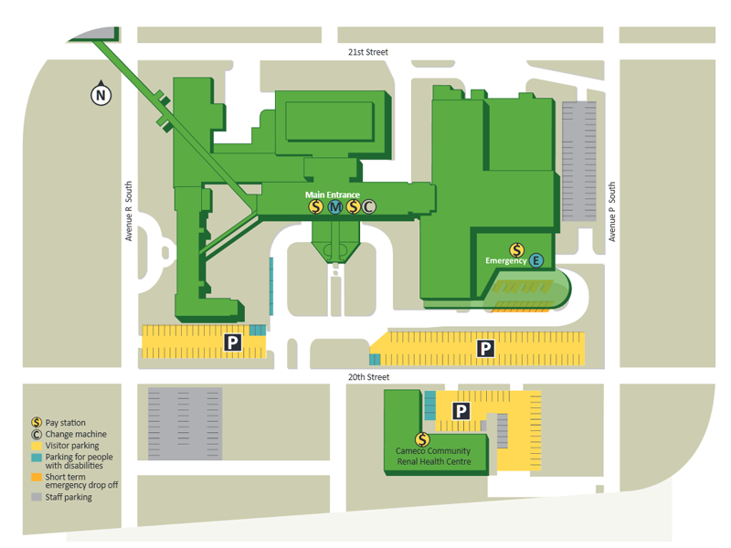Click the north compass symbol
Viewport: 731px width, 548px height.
(100, 93)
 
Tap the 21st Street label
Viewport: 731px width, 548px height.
(367, 52)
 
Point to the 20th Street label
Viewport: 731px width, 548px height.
(368, 377)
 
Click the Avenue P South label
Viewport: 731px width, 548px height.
(612, 212)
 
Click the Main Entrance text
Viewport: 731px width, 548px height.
(333, 195)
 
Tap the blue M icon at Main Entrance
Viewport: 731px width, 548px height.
(334, 207)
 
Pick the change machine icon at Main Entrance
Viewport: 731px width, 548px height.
(368, 207)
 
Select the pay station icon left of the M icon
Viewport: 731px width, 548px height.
(316, 207)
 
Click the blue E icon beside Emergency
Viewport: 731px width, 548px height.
(536, 261)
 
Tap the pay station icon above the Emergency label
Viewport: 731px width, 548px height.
(516, 249)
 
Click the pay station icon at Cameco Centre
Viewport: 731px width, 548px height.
(422, 439)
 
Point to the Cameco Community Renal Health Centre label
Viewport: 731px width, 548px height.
(421, 457)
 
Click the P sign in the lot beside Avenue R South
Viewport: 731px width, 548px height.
(233, 343)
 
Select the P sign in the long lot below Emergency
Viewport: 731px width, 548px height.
(486, 348)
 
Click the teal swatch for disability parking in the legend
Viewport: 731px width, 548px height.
(37, 457)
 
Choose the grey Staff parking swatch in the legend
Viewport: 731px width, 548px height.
(37, 497)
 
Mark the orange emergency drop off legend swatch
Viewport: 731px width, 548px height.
(37, 477)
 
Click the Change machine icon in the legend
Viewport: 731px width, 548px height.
(37, 434)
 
